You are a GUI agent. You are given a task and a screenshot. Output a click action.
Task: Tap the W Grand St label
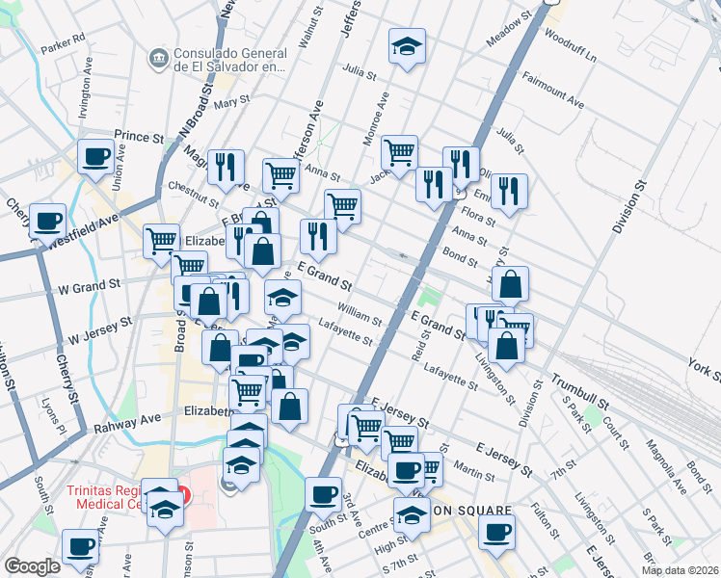click(x=89, y=286)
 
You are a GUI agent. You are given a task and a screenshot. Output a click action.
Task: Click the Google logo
click(x=31, y=566)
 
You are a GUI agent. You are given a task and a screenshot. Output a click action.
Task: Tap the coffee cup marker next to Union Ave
click(x=95, y=156)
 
